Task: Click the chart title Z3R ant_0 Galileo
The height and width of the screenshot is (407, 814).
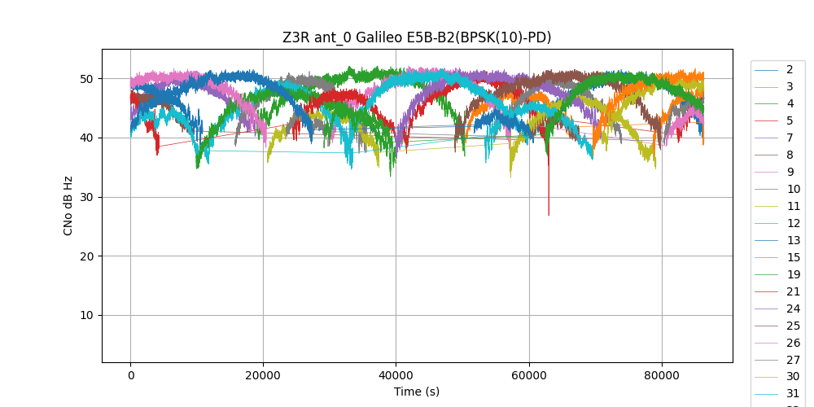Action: [417, 37]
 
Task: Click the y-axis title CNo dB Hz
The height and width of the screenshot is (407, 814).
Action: [68, 206]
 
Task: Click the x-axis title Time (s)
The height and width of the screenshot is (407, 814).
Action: [417, 392]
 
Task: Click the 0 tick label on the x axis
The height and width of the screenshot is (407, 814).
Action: [130, 375]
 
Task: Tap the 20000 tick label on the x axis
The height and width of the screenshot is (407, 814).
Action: [263, 375]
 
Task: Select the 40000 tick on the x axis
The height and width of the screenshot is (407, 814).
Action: [396, 375]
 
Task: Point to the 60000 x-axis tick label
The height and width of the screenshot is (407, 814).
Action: [529, 375]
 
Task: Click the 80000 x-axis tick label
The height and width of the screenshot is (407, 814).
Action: [662, 375]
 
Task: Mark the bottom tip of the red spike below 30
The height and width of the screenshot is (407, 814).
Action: [549, 215]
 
